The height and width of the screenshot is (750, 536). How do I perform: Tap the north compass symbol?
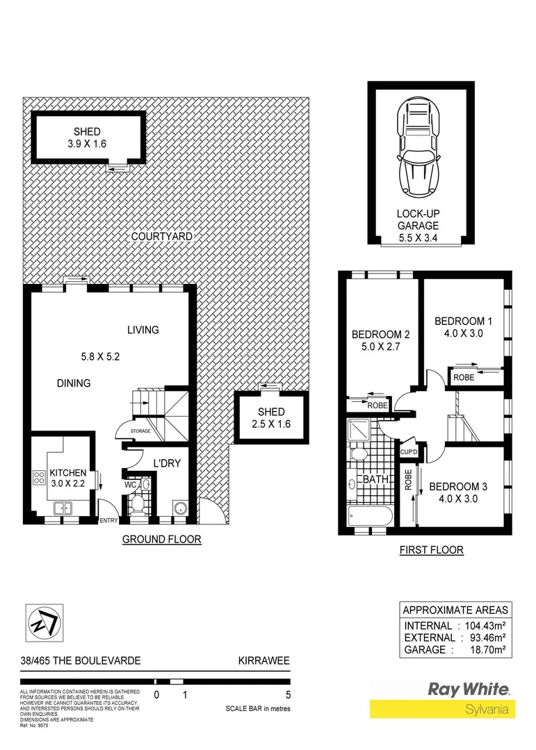tap(41, 620)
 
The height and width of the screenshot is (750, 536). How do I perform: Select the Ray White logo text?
tap(468, 690)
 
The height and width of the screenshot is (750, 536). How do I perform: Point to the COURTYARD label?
tap(162, 236)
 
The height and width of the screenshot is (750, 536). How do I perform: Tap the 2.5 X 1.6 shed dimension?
tap(272, 423)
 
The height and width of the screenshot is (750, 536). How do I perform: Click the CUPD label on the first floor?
tap(407, 452)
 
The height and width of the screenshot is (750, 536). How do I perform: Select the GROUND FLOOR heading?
tap(161, 539)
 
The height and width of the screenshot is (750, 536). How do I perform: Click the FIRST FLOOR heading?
tap(431, 550)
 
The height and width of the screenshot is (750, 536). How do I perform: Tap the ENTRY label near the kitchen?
tap(110, 520)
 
